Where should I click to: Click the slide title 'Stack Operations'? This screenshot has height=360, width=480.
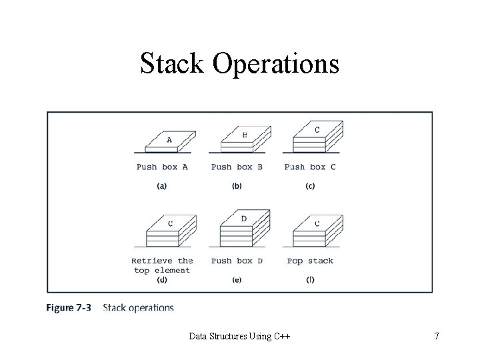[x=239, y=64]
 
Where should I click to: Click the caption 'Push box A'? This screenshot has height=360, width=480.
[x=162, y=167]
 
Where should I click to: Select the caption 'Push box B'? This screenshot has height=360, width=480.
[x=237, y=167]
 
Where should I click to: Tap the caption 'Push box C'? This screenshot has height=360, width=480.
[x=310, y=167]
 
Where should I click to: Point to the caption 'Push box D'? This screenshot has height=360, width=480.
[x=237, y=261]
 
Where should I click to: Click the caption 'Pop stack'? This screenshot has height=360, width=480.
[x=310, y=261]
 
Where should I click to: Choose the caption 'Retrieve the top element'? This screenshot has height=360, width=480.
[x=162, y=265]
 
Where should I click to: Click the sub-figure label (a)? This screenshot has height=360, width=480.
[x=162, y=186]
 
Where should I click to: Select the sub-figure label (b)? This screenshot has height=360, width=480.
[x=237, y=186]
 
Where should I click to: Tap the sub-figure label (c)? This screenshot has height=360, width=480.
[x=310, y=186]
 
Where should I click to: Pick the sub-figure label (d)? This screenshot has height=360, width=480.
[x=162, y=280]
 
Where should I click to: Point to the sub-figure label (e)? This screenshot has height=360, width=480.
[x=237, y=280]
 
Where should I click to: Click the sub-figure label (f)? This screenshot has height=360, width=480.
[x=310, y=280]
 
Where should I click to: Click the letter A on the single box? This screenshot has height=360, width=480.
[x=169, y=140]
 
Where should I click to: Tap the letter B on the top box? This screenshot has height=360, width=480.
[x=245, y=135]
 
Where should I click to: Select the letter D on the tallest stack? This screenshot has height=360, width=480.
[x=244, y=219]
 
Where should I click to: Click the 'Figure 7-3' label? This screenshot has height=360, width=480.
[x=69, y=308]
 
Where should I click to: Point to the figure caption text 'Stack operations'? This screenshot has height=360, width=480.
[x=139, y=308]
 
